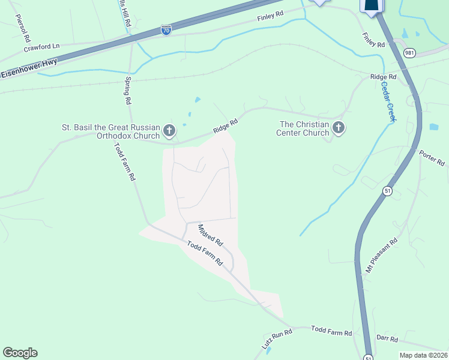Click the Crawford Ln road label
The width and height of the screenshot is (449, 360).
pos(41,46)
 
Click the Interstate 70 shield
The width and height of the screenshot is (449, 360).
pos(166,29)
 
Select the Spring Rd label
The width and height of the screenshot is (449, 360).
pos(127,90)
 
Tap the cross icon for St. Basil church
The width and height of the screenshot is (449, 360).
pos(170,130)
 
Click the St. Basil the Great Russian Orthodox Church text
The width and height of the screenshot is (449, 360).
pos(111,131)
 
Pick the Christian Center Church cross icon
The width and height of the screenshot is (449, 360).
pos(339,128)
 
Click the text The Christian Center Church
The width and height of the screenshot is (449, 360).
pos(303,128)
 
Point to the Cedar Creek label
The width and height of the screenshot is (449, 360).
pos(388,101)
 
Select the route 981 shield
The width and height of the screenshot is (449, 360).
pos(409,52)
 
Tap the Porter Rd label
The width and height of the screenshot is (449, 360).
pos(432,158)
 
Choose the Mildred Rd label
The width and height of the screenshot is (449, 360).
pos(211,235)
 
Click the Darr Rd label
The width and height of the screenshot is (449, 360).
pos(387,339)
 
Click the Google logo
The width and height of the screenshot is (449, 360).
pos(20,353)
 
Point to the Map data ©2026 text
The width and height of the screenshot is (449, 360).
pos(423,355)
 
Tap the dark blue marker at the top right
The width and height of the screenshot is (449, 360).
pos(371,5)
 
